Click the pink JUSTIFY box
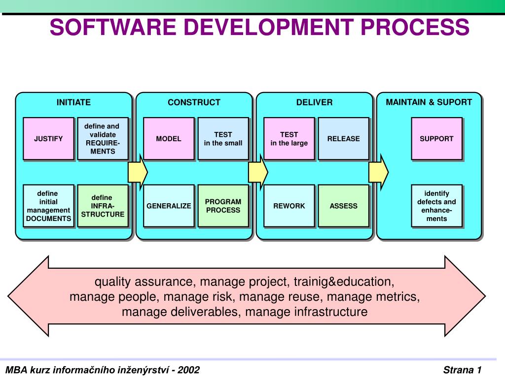click(48, 138)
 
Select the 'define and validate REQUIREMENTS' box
click(103, 138)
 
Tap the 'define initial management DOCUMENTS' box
click(48, 206)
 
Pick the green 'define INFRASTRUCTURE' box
click(103, 206)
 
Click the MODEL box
click(169, 138)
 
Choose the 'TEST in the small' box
click(223, 138)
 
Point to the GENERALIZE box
click(169, 206)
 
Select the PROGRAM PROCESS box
click(223, 206)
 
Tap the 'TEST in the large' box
click(289, 138)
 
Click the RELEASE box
click(343, 138)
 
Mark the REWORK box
click(289, 206)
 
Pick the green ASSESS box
click(343, 206)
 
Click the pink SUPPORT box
click(436, 138)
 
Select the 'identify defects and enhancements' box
click(436, 206)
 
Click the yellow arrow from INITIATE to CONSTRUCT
click(138, 172)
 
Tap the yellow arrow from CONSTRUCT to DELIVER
click(258, 172)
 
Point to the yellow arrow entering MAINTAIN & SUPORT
click(378, 172)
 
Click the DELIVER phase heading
click(314, 102)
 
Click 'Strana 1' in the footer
click(462, 370)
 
